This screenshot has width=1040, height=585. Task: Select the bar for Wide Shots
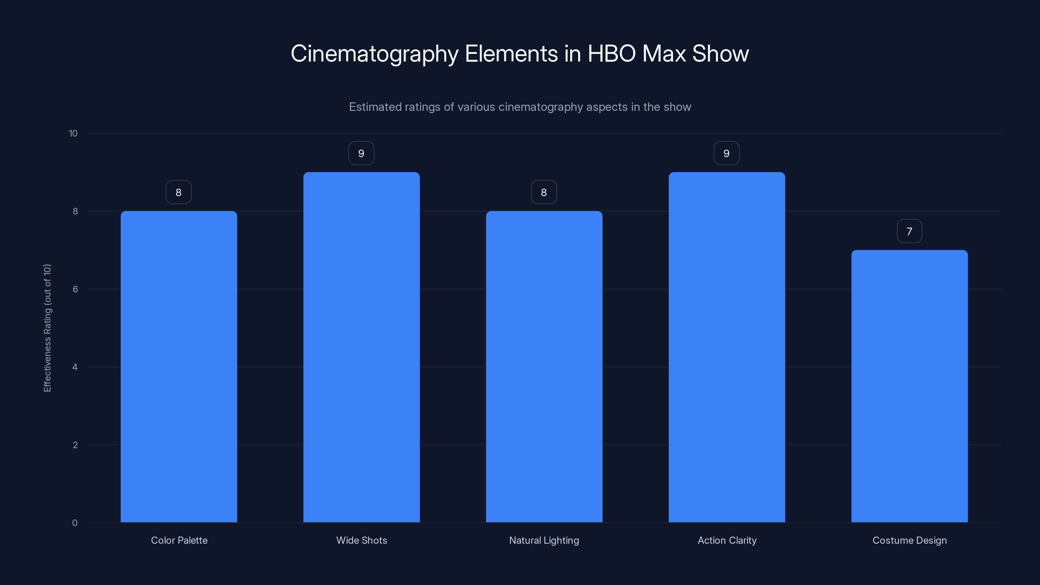361,347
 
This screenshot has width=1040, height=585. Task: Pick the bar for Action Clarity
727,347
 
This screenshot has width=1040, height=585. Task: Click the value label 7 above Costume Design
909,231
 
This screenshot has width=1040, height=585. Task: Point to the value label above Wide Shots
361,153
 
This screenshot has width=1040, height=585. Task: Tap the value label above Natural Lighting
544,193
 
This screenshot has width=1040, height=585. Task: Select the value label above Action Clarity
726,153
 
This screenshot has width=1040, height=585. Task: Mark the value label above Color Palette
178,193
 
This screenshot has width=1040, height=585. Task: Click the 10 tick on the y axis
73,134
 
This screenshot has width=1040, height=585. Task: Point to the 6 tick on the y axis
75,289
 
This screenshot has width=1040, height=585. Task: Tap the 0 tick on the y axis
75,523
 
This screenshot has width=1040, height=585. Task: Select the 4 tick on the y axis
75,367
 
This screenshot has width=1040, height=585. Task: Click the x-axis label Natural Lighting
544,540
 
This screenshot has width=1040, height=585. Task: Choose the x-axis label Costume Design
909,540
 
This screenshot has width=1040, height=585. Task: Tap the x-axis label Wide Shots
361,540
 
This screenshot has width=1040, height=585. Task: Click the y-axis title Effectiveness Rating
47,328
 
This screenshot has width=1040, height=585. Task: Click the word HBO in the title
611,54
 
